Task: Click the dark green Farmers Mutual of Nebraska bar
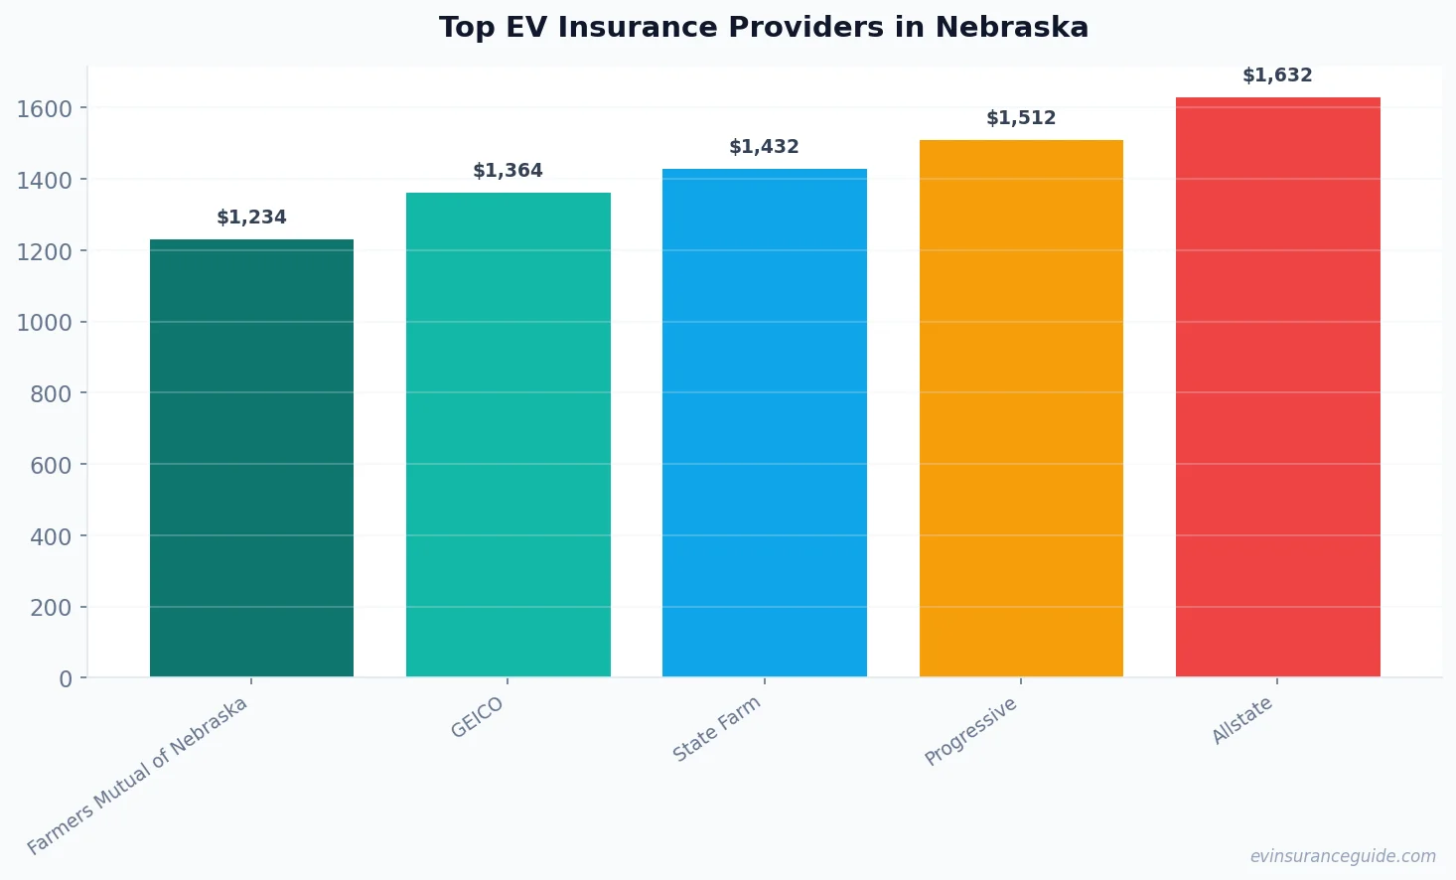(x=251, y=458)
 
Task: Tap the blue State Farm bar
(x=764, y=423)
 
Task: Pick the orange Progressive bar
(x=1021, y=408)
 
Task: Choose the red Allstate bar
(x=1277, y=387)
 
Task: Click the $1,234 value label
(x=251, y=218)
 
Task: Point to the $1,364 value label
(x=508, y=171)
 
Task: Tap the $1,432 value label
(x=764, y=147)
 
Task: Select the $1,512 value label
(x=1021, y=118)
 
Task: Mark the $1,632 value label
(x=1277, y=75)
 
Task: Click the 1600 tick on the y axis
(x=45, y=108)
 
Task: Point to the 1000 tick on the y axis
(x=45, y=323)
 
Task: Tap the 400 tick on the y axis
(x=51, y=536)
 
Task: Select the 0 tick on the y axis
(x=66, y=679)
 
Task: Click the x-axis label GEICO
(x=478, y=717)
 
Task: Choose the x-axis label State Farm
(x=716, y=729)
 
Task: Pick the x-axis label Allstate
(x=1241, y=721)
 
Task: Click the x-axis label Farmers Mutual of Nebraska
(x=137, y=776)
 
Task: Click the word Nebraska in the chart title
(x=1011, y=27)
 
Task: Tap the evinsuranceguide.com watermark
(x=1342, y=856)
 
